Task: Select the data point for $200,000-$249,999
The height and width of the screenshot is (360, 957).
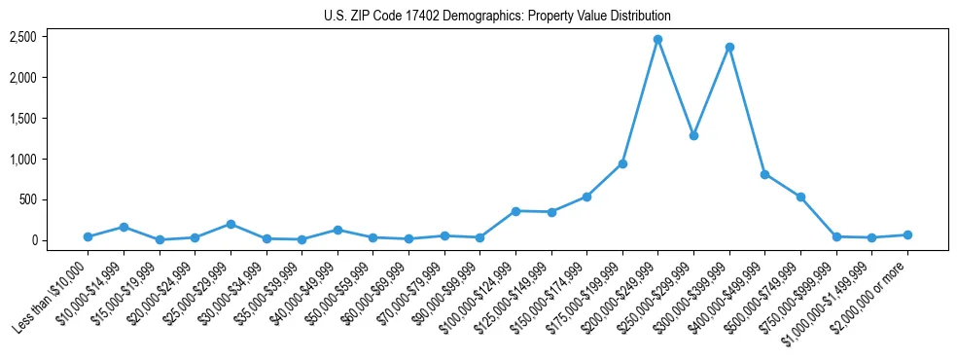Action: [x=657, y=39]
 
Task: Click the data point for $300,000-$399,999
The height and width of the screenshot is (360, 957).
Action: [x=729, y=47]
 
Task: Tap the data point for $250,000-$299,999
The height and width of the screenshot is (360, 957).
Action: [x=693, y=135]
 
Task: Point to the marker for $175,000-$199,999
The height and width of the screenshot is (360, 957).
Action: [x=622, y=163]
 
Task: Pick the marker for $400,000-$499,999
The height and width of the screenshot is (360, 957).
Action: [x=764, y=174]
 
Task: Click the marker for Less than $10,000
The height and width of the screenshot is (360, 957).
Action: [x=88, y=236]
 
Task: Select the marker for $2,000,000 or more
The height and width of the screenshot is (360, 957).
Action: [x=907, y=234]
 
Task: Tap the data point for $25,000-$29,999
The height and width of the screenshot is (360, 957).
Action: [x=230, y=224]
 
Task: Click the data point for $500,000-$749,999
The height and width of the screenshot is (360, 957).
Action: [x=800, y=197]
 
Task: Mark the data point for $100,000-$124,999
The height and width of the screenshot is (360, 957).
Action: [x=515, y=211]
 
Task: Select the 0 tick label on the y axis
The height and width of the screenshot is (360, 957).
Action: [x=33, y=240]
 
